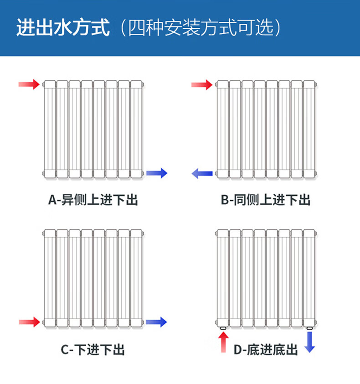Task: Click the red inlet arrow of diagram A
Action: click(29, 84)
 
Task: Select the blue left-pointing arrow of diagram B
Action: click(202, 173)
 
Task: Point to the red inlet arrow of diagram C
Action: click(29, 322)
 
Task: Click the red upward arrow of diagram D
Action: click(223, 342)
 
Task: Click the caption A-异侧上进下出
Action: click(93, 200)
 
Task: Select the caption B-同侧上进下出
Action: click(266, 200)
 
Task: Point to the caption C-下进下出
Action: click(93, 350)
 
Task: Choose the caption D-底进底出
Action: click(266, 350)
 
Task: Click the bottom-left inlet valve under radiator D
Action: click(223, 328)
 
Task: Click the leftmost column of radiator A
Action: click(50, 129)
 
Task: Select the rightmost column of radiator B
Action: click(309, 129)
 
